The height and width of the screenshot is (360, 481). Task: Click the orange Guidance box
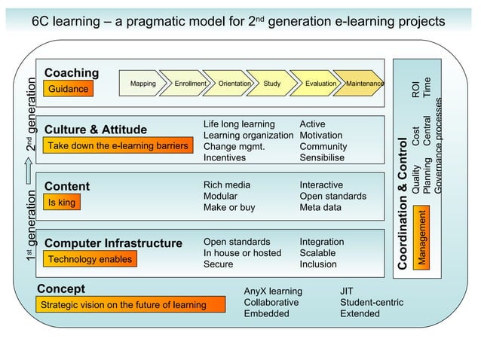pyautogui.click(x=69, y=90)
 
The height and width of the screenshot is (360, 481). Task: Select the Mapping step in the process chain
pyautogui.click(x=142, y=84)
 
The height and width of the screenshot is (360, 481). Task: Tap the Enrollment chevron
pyautogui.click(x=189, y=84)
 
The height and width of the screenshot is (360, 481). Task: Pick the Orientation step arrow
pyautogui.click(x=234, y=84)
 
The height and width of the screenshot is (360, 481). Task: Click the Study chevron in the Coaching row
pyautogui.click(x=272, y=84)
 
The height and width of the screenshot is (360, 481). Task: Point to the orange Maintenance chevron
pyautogui.click(x=363, y=84)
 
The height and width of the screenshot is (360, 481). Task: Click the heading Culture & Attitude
pyautogui.click(x=96, y=130)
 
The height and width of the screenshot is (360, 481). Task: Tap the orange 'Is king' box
pyautogui.click(x=62, y=203)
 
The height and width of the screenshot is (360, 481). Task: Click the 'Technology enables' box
pyautogui.click(x=90, y=260)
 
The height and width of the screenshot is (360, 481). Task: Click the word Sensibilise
pyautogui.click(x=322, y=158)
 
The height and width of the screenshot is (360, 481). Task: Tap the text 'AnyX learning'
pyautogui.click(x=273, y=291)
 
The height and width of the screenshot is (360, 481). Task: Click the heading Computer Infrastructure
pyautogui.click(x=113, y=243)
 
